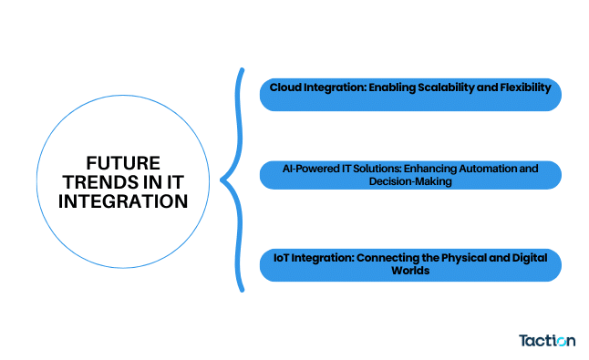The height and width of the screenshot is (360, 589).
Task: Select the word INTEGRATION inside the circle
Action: (x=123, y=201)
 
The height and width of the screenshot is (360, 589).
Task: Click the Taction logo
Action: (x=547, y=340)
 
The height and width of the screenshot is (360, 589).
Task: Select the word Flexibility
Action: (x=522, y=87)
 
